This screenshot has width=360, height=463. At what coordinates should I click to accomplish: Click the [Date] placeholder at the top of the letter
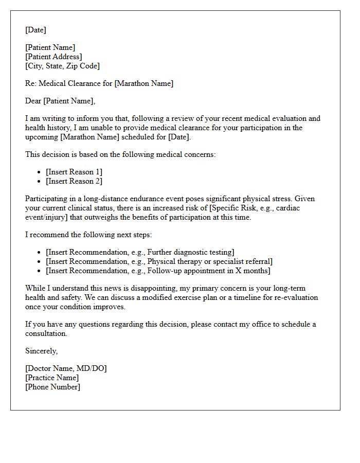click(35, 30)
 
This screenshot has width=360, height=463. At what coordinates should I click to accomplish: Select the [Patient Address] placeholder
click(53, 57)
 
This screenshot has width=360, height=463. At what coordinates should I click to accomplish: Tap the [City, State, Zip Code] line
click(62, 66)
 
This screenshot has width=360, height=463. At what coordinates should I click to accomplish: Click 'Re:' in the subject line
click(31, 83)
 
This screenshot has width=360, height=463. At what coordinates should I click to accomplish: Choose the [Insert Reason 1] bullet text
click(74, 172)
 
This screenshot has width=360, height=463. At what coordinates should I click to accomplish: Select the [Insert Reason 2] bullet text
click(74, 181)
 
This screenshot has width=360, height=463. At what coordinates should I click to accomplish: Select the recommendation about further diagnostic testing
click(140, 252)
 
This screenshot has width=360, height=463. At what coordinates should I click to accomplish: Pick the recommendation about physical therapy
click(159, 261)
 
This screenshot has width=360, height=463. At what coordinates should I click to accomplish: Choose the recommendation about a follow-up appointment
click(158, 271)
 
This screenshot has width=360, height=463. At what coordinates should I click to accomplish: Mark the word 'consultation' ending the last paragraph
click(46, 333)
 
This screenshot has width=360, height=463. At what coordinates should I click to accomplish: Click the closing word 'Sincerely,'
click(42, 351)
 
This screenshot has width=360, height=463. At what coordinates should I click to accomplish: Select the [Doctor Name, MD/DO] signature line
click(66, 368)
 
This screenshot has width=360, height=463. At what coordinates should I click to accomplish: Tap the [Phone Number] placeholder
click(52, 387)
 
